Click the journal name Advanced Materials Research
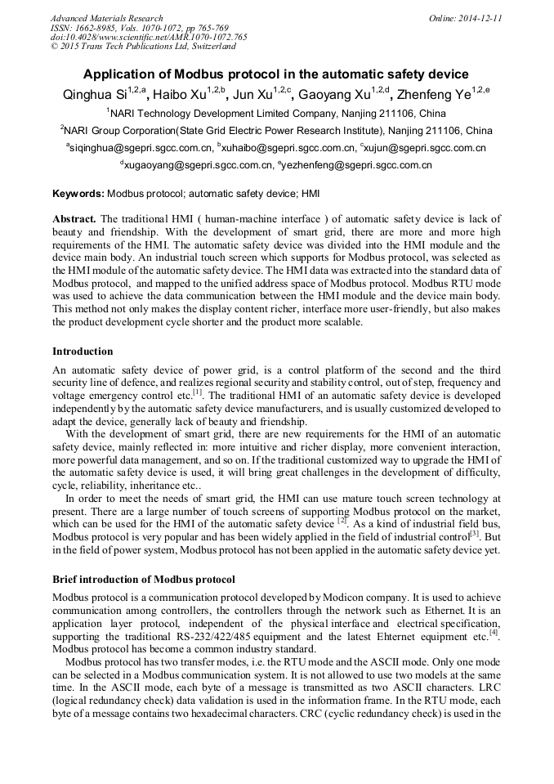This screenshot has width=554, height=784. (106, 18)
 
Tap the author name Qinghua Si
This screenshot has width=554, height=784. (96, 95)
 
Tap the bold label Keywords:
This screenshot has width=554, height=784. (78, 195)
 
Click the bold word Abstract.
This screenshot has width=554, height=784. (74, 220)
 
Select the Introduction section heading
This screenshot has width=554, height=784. (83, 352)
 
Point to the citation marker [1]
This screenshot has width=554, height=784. (198, 392)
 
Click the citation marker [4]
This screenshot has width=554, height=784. (494, 632)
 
